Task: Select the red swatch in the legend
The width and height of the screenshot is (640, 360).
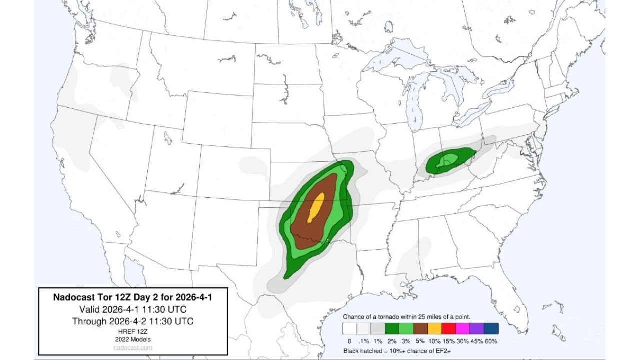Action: coord(449,328)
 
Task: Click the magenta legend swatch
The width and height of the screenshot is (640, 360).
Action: coord(463,328)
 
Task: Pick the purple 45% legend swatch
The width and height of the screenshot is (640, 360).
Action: coord(477,328)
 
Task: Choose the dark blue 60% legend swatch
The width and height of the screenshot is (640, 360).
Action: coord(491,328)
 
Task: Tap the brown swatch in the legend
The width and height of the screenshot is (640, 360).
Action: coord(420,328)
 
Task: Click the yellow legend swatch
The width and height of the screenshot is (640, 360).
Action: coord(435,328)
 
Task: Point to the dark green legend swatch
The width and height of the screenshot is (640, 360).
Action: coord(392,328)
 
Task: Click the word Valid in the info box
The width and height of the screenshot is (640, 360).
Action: coord(90,309)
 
